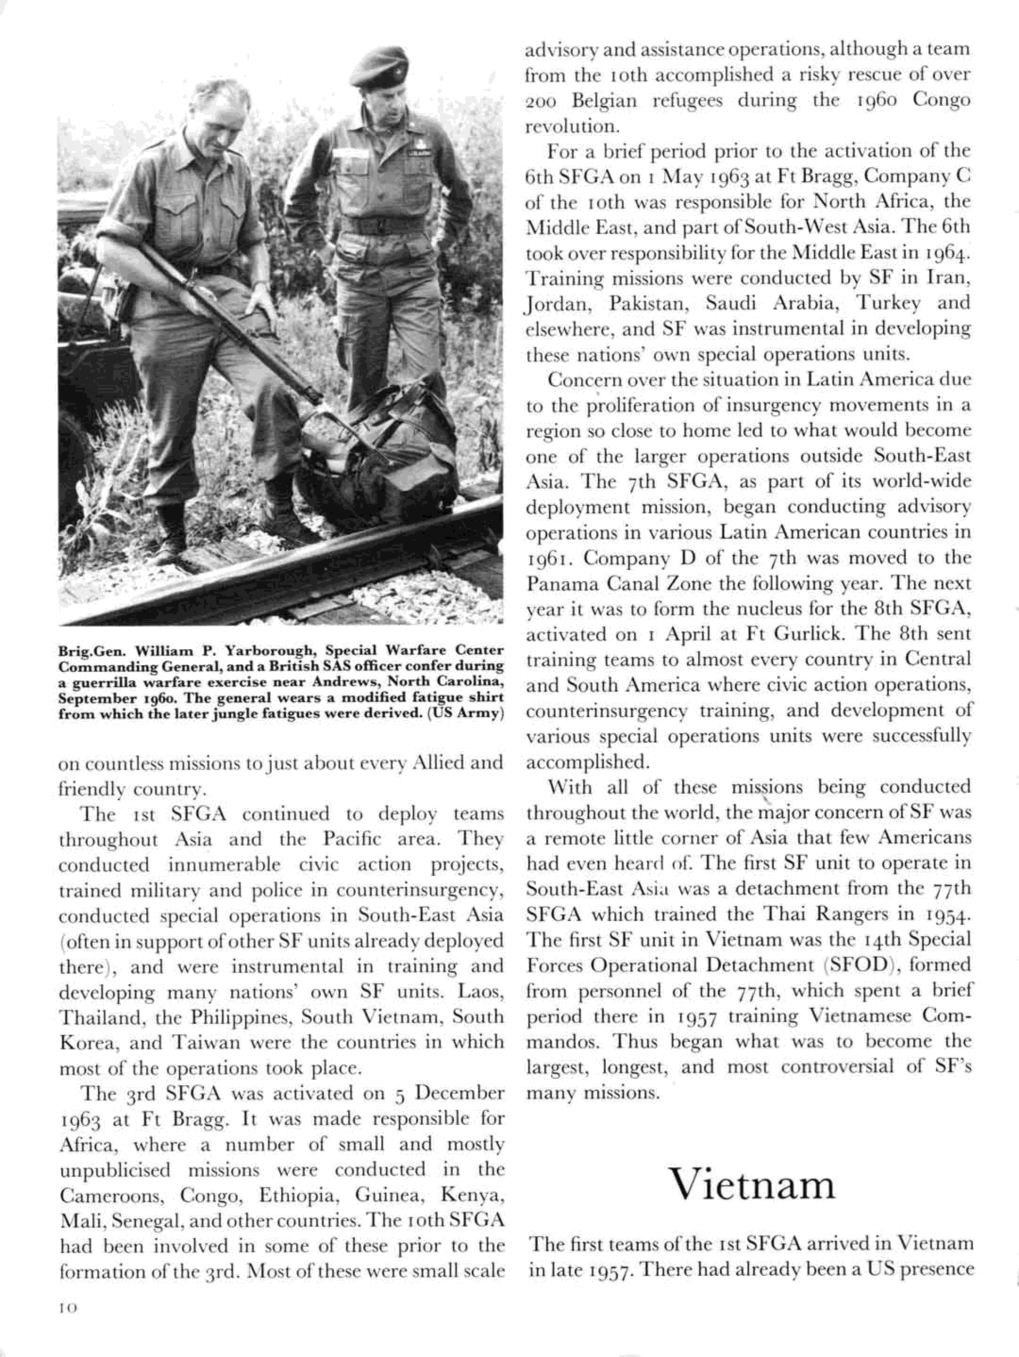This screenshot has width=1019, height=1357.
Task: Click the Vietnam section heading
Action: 752,1185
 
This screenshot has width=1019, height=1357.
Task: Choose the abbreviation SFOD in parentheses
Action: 859,965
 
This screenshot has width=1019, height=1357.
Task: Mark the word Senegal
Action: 145,1222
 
